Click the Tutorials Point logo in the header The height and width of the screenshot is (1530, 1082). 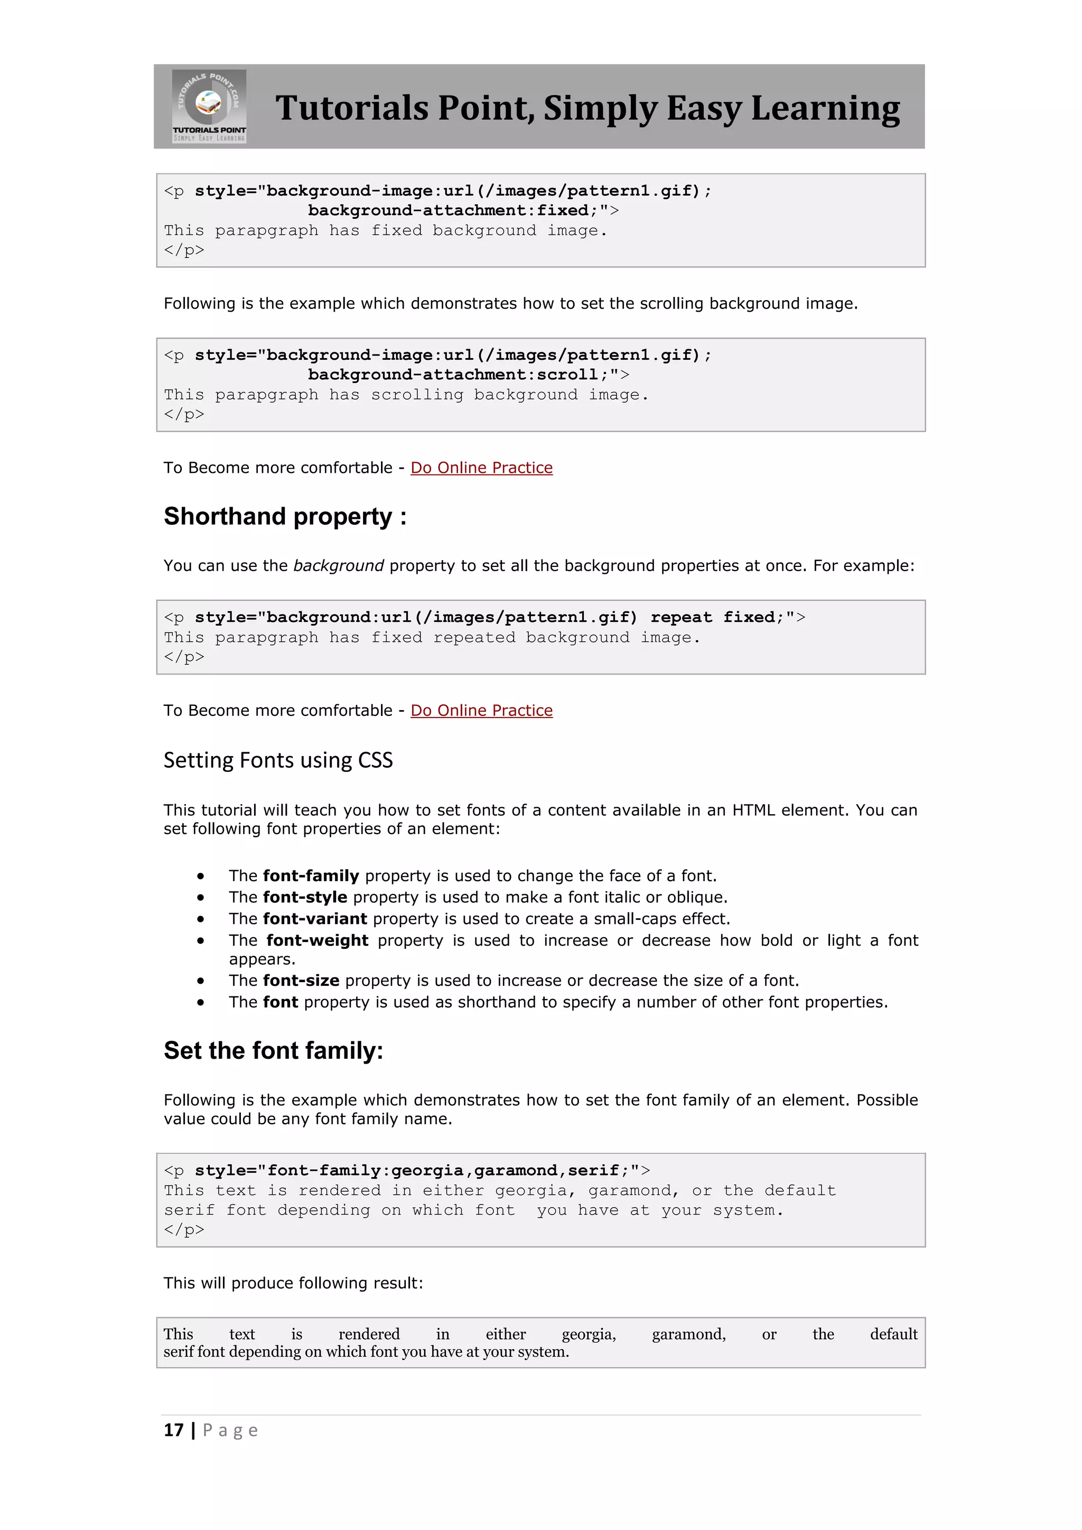[x=209, y=106]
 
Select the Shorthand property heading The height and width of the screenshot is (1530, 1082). [x=285, y=517]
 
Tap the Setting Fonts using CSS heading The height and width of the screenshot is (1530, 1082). [x=278, y=760]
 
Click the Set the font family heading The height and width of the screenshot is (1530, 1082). [x=273, y=1051]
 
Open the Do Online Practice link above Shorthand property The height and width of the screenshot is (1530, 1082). [x=481, y=468]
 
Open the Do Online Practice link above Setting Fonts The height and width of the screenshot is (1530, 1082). [x=481, y=711]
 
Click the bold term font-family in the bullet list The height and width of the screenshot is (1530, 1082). [x=311, y=875]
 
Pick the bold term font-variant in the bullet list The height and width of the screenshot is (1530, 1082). [x=314, y=919]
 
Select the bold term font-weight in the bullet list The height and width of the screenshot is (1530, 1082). [x=317, y=940]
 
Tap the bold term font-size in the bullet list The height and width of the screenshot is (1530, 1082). [x=301, y=980]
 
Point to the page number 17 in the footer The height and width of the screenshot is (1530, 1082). [x=173, y=1431]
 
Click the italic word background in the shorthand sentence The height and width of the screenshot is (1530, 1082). [x=339, y=566]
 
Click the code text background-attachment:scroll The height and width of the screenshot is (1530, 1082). [x=453, y=375]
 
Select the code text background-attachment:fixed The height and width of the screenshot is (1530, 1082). [x=447, y=211]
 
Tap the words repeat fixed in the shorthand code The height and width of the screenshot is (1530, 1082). [x=712, y=617]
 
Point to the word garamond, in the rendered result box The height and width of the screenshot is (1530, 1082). [x=688, y=1334]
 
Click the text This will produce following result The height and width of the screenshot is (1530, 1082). [x=293, y=1283]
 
